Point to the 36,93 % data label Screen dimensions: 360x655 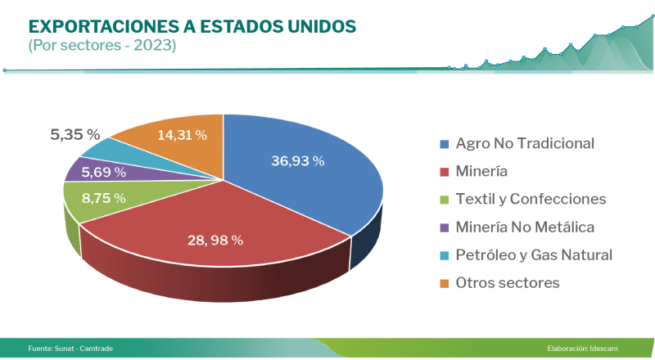point(297,161)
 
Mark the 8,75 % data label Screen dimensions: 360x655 point(103,198)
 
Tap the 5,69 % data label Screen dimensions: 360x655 point(103,173)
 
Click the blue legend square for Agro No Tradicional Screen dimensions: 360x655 point(445,144)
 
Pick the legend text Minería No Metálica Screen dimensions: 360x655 point(524,227)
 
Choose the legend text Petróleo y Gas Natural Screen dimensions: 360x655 point(534,254)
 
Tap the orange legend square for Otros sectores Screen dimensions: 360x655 point(445,283)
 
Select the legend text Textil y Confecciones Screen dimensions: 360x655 point(531,199)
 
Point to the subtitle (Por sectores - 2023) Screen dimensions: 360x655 point(102,46)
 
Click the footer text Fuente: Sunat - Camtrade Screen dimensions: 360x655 point(70,349)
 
